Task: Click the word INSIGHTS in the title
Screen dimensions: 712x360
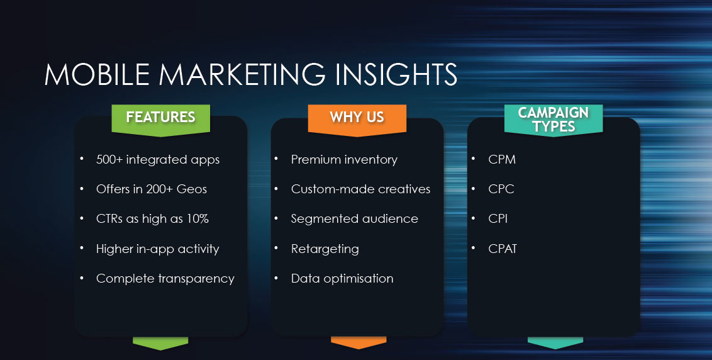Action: [x=396, y=74]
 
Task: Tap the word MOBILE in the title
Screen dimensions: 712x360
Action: [x=97, y=74]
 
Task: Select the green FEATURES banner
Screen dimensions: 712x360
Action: [x=161, y=120]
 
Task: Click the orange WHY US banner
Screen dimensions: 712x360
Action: [x=357, y=120]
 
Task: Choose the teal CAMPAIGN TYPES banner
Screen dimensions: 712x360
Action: [x=553, y=120]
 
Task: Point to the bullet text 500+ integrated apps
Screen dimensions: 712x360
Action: [x=158, y=160]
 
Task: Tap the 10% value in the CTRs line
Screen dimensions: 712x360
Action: [x=197, y=218]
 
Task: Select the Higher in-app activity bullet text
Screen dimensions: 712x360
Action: [x=158, y=249]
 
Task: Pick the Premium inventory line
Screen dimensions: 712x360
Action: [x=344, y=160]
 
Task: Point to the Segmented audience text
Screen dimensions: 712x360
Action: [x=355, y=219]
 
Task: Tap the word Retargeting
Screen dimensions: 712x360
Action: [x=325, y=249]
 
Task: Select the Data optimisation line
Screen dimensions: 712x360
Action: [x=342, y=279]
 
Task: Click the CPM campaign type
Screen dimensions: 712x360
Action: [x=502, y=160]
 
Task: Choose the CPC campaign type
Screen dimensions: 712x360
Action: [x=501, y=189]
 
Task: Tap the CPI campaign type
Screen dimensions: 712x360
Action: [x=498, y=218]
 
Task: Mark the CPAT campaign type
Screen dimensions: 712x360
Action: [x=503, y=249]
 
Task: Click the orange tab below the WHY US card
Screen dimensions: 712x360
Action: [x=359, y=342]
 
